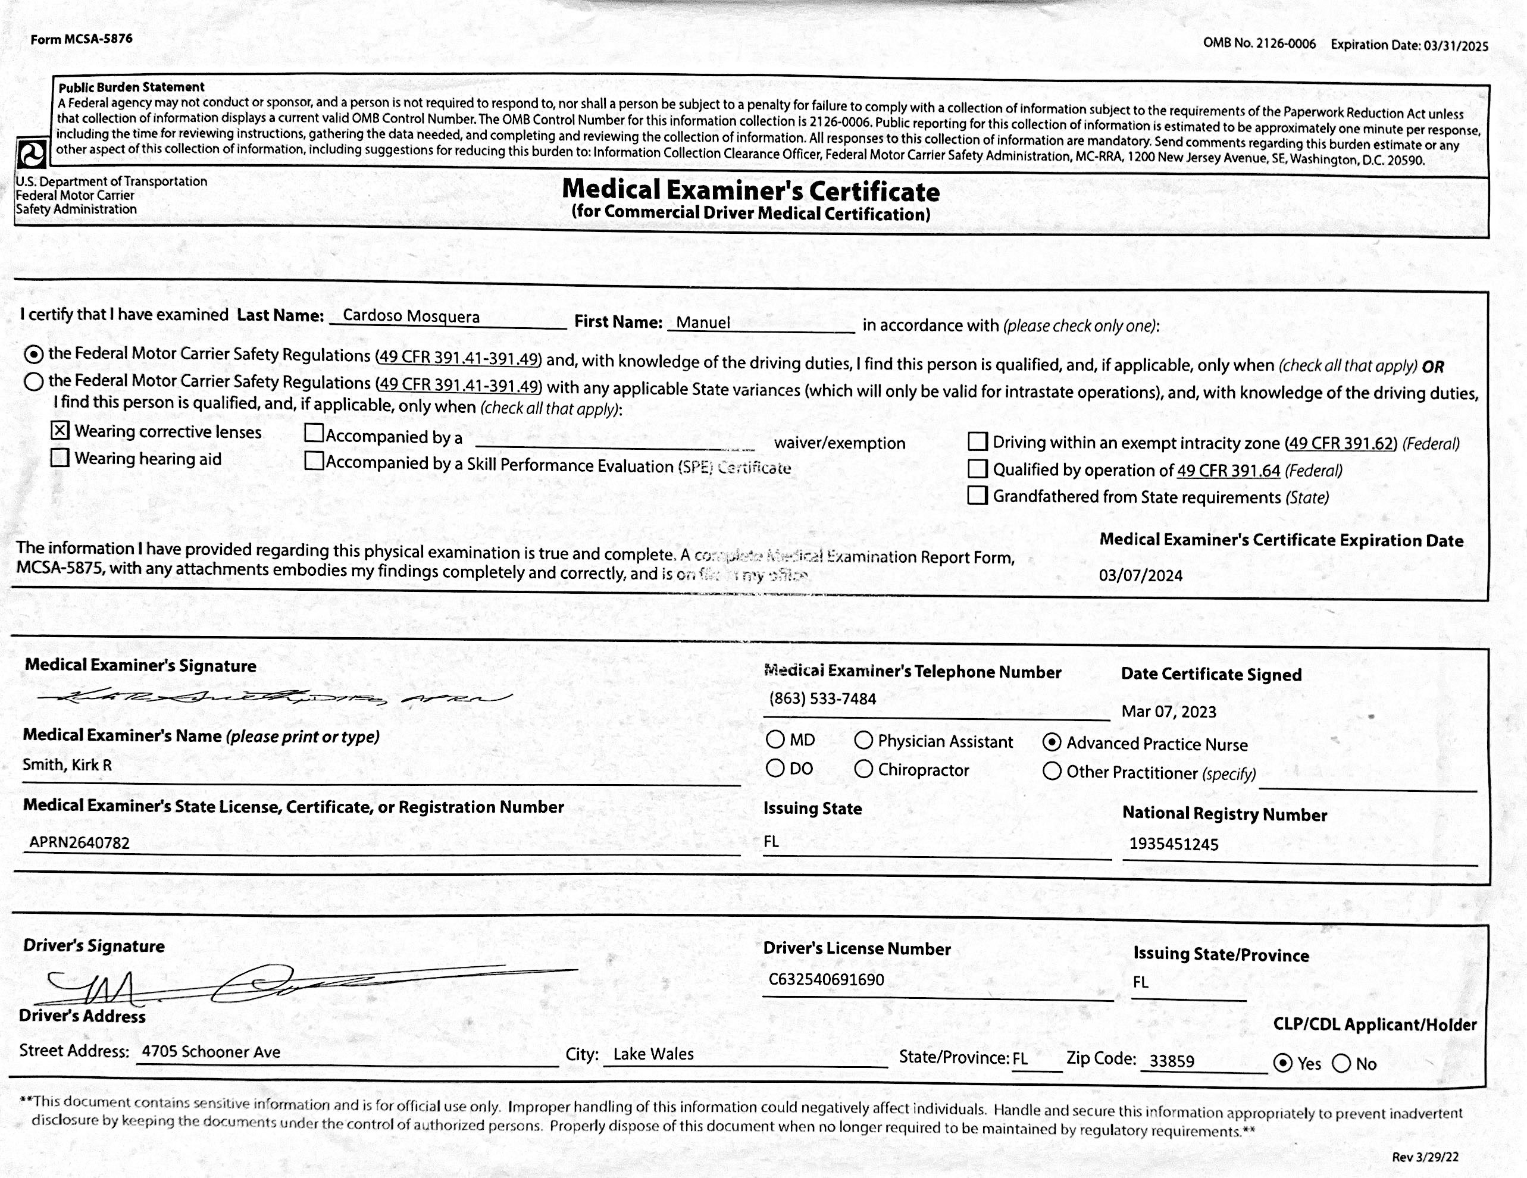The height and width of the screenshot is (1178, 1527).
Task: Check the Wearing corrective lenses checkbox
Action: click(x=60, y=430)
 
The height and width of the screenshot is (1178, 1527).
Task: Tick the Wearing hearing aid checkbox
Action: click(x=60, y=458)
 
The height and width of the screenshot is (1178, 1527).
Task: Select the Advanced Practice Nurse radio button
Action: click(x=1052, y=742)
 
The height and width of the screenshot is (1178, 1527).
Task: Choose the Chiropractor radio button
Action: click(x=863, y=769)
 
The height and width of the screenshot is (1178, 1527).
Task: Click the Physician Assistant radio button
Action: click(x=863, y=740)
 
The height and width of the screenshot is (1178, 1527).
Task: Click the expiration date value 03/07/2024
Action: click(x=1140, y=575)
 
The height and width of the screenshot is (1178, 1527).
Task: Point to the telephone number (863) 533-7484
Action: click(x=822, y=698)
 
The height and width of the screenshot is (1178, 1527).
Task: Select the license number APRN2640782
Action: click(x=79, y=842)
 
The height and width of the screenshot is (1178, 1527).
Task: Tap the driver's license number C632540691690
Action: click(x=826, y=979)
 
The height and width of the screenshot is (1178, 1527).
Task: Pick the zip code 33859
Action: click(x=1172, y=1061)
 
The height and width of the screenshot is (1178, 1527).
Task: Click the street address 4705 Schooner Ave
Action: click(x=211, y=1051)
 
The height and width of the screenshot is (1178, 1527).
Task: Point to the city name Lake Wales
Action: click(x=653, y=1054)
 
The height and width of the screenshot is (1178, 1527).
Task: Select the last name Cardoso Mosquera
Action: click(x=411, y=316)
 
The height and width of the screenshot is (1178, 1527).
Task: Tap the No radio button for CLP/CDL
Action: click(x=1341, y=1063)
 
